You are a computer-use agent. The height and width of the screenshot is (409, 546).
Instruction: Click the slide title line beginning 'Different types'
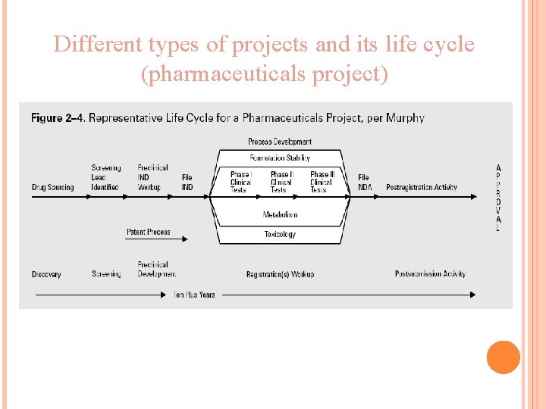click(x=264, y=45)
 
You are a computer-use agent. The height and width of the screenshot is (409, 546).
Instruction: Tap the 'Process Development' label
click(x=279, y=142)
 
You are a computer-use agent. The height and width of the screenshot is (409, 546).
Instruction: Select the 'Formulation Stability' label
click(x=279, y=158)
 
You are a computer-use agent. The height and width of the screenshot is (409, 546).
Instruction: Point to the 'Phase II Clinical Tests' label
click(x=281, y=182)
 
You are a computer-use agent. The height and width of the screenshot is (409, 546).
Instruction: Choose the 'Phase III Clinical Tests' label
click(x=322, y=182)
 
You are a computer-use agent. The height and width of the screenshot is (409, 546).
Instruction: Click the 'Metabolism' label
click(x=280, y=214)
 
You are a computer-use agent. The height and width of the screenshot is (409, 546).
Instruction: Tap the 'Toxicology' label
click(x=280, y=234)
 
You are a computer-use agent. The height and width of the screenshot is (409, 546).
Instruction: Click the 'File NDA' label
click(x=364, y=182)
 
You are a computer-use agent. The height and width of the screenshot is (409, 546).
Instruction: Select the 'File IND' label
click(x=187, y=182)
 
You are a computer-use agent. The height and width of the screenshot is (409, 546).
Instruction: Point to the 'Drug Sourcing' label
click(x=53, y=187)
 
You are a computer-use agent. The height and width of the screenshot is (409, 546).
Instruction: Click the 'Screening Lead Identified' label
click(x=105, y=177)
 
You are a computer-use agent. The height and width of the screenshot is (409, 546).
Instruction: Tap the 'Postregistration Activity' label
click(x=422, y=187)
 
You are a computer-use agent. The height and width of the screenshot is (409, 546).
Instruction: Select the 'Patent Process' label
click(x=148, y=232)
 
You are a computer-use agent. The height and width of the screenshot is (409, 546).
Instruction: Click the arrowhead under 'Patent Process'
click(x=184, y=239)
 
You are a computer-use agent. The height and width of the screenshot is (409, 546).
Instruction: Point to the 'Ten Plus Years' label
click(x=194, y=295)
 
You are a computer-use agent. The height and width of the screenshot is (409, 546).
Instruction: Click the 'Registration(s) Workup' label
click(x=280, y=274)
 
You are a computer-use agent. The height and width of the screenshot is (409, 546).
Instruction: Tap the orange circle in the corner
click(x=503, y=357)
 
